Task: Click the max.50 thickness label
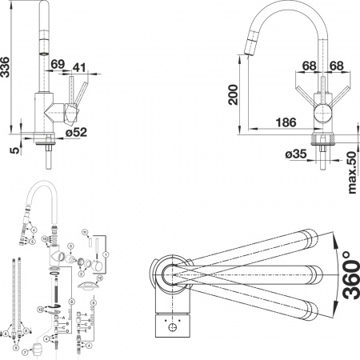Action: coord(352,171)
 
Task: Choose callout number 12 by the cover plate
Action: coord(101,278)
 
